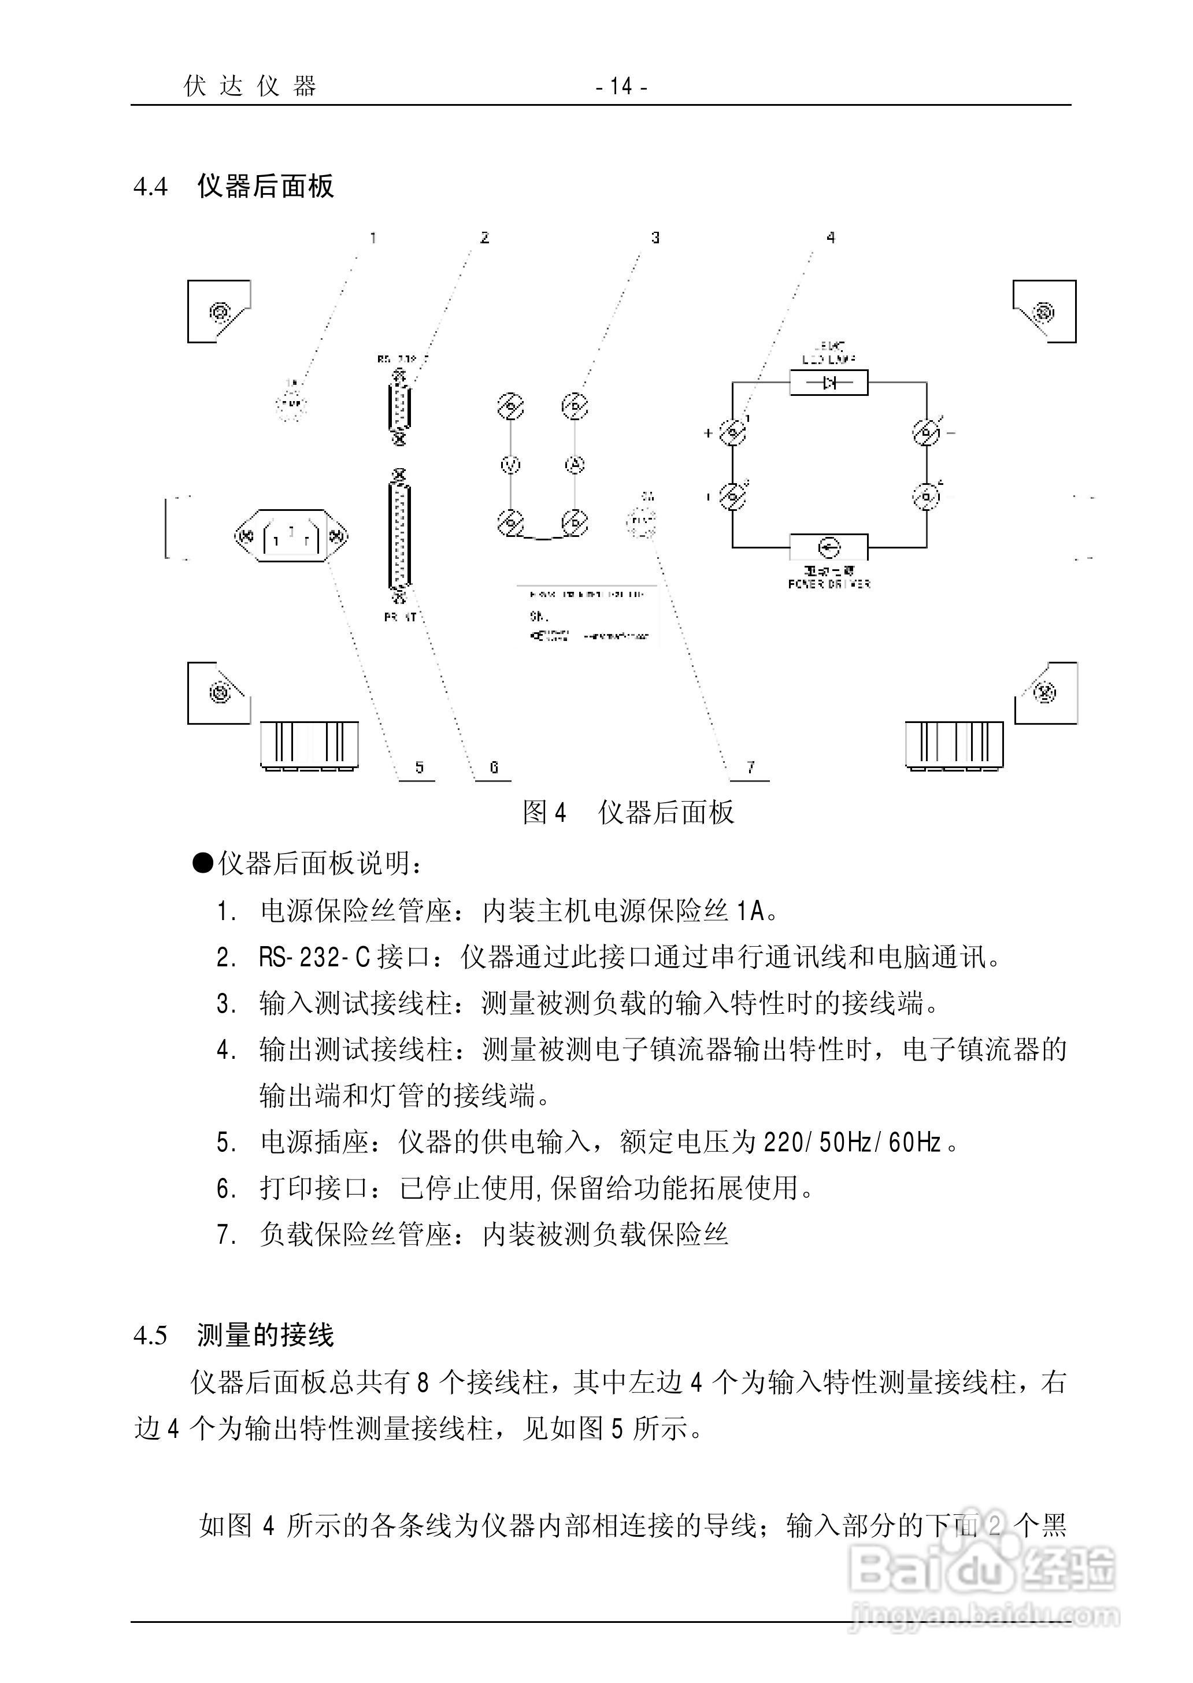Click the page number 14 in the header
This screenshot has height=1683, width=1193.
pyautogui.click(x=621, y=87)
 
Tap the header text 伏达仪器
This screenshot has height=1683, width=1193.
pyautogui.click(x=250, y=87)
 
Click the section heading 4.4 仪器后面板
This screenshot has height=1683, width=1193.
pyautogui.click(x=234, y=186)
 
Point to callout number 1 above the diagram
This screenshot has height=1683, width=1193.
pyautogui.click(x=373, y=238)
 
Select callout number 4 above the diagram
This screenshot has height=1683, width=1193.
pyautogui.click(x=831, y=238)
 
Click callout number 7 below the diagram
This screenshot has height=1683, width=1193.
pyautogui.click(x=750, y=768)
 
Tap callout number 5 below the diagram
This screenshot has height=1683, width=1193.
pyautogui.click(x=418, y=768)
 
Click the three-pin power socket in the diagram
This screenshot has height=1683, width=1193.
pyautogui.click(x=291, y=537)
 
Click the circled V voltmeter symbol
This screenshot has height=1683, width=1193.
pyautogui.click(x=510, y=464)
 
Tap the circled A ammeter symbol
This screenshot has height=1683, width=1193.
pyautogui.click(x=575, y=464)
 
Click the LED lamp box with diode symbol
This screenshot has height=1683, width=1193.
pyautogui.click(x=829, y=383)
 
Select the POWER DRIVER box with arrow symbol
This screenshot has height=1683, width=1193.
pyautogui.click(x=829, y=547)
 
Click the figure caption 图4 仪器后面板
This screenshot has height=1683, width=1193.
pyautogui.click(x=628, y=813)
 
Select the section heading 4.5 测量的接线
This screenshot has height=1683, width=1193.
pyautogui.click(x=234, y=1335)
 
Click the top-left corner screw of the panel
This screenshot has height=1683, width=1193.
pyautogui.click(x=218, y=312)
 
